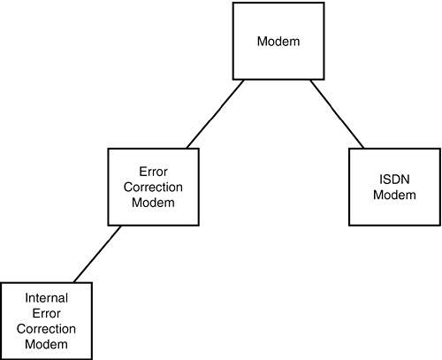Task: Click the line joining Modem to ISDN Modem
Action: click(337, 114)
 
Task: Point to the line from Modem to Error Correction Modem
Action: click(216, 114)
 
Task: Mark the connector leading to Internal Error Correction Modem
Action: click(97, 254)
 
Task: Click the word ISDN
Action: click(394, 180)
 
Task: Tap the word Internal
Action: click(47, 298)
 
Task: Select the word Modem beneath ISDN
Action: click(394, 195)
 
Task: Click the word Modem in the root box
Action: click(278, 42)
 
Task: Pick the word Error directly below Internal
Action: click(46, 313)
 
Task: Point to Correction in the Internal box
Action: click(46, 329)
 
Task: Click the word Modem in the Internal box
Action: click(46, 344)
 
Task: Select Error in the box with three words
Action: click(153, 172)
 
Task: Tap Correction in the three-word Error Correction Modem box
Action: click(153, 187)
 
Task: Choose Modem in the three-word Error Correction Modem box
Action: click(153, 203)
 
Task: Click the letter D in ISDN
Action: click(395, 180)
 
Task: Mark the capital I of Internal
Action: click(27, 298)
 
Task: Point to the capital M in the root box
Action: click(262, 42)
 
